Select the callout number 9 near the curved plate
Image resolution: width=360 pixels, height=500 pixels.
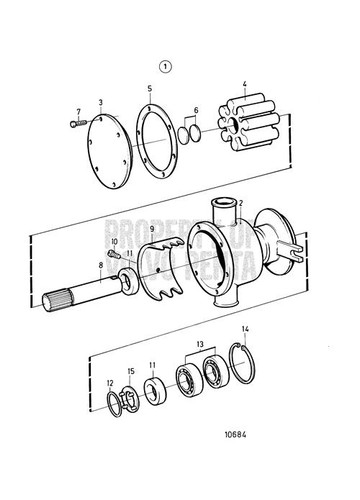tap(151, 258)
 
